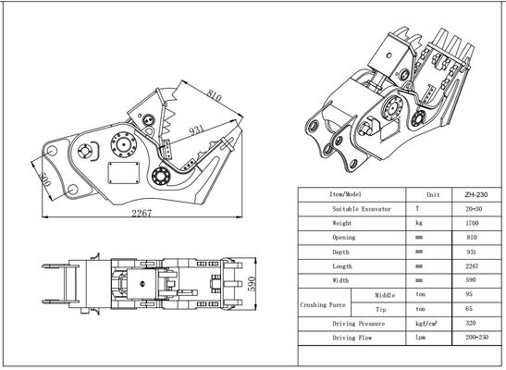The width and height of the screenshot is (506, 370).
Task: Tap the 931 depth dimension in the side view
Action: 195,130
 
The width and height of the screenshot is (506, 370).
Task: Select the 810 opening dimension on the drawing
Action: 215,95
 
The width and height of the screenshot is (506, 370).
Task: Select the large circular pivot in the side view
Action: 122,144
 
